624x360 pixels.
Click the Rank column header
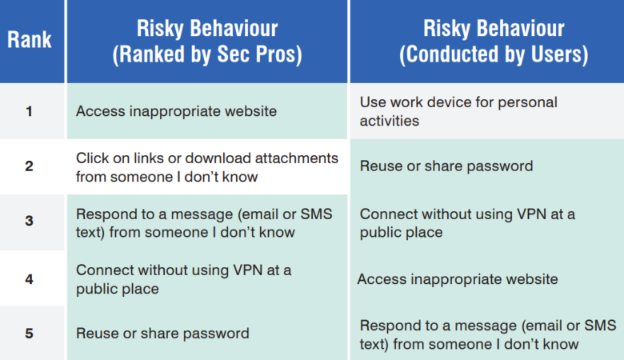pos(30,41)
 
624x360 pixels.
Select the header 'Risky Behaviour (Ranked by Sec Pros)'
pos(206,42)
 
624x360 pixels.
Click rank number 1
pos(30,111)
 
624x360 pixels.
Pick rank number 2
pos(30,166)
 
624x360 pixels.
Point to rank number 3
pos(30,222)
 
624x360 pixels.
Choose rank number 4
pos(30,278)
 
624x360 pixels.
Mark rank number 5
pos(30,334)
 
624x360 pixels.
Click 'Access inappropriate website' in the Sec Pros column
pos(176,111)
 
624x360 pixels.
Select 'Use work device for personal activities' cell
pos(458,111)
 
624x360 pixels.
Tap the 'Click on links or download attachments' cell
pos(206,166)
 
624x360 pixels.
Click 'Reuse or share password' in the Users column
pos(446,166)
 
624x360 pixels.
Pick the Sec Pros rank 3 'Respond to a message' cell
pos(204,222)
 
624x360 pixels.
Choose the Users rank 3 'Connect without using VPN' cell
pos(467,222)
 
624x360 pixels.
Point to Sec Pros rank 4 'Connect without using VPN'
pos(183,278)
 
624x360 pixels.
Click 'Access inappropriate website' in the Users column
pos(458,279)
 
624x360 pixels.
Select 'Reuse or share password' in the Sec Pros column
pos(162,334)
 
